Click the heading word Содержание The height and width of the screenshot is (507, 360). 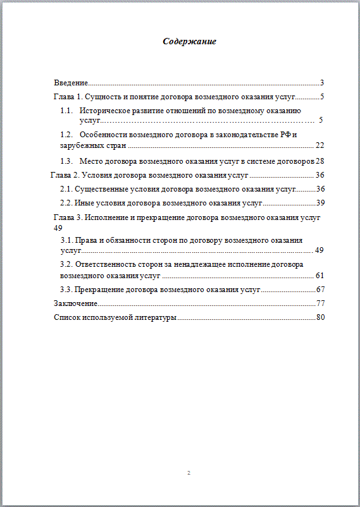[189, 42]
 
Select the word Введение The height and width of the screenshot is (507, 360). [70, 83]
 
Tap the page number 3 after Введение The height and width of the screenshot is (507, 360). [322, 83]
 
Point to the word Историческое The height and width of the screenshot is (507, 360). [106, 111]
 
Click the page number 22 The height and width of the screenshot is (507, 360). [320, 145]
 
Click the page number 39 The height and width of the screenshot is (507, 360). [320, 203]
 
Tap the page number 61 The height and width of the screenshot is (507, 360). [320, 275]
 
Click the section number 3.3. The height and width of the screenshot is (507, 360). [66, 289]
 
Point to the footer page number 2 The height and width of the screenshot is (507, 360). [189, 473]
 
